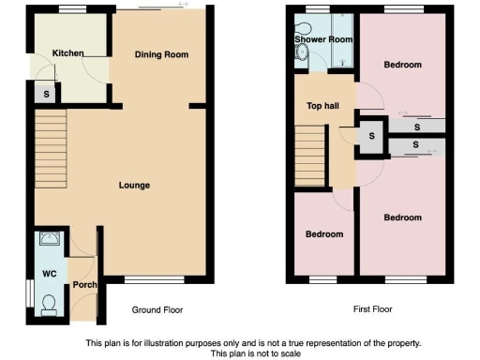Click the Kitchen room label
[69, 53]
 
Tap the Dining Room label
[161, 55]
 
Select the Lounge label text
[133, 185]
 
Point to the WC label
[48, 274]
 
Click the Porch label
[84, 285]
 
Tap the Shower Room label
[322, 40]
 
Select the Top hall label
[322, 106]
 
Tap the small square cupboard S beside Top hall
[371, 136]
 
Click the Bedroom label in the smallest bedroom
[323, 233]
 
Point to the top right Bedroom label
[402, 65]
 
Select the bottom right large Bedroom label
[403, 217]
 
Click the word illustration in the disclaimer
[188, 343]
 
